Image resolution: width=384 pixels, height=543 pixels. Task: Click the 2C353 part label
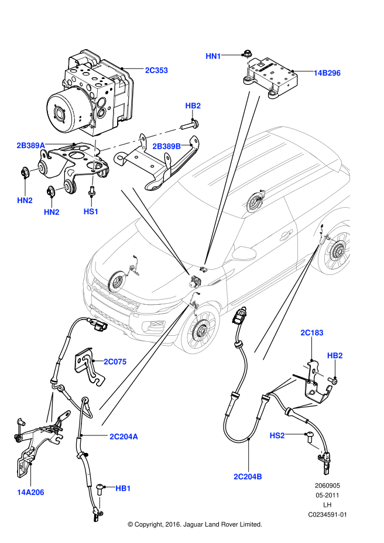pyautogui.click(x=156, y=70)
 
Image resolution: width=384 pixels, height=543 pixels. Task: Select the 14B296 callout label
pyautogui.click(x=327, y=73)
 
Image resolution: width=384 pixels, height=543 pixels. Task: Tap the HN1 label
pyautogui.click(x=213, y=56)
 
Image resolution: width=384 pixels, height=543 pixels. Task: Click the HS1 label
pyautogui.click(x=91, y=211)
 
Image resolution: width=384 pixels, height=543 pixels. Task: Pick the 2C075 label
pyautogui.click(x=115, y=362)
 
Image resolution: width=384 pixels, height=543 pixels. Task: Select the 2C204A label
pyautogui.click(x=124, y=437)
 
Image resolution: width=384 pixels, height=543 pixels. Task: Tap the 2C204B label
pyautogui.click(x=248, y=477)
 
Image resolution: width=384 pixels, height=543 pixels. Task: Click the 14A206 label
pyautogui.click(x=30, y=492)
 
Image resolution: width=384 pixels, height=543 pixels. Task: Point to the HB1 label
pyautogui.click(x=123, y=488)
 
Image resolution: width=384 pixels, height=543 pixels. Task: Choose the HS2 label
pyautogui.click(x=277, y=435)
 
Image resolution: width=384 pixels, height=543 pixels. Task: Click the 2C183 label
pyautogui.click(x=312, y=333)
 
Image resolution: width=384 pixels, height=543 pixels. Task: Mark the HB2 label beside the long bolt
pyautogui.click(x=193, y=106)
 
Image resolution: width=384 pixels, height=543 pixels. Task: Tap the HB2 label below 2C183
pyautogui.click(x=335, y=355)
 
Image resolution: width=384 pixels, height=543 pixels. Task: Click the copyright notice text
pyautogui.click(x=194, y=524)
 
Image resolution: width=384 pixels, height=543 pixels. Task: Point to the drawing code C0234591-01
pyautogui.click(x=328, y=515)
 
